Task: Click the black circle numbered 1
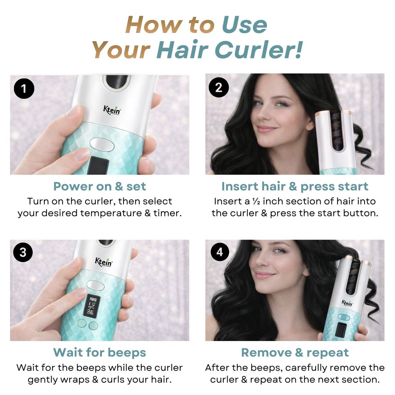coord(24,88)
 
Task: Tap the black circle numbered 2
coord(219,88)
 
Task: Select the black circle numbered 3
coord(23,252)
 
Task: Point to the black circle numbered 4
coord(219,252)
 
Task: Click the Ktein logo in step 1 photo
coord(112,110)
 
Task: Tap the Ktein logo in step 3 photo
coord(103,262)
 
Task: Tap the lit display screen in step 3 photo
coord(92,306)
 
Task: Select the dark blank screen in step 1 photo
coord(99,165)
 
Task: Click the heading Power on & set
coord(100,187)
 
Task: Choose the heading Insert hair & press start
coord(295,187)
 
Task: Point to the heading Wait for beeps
coord(100,353)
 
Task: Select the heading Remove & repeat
coord(295,353)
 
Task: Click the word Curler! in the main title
coord(259,49)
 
